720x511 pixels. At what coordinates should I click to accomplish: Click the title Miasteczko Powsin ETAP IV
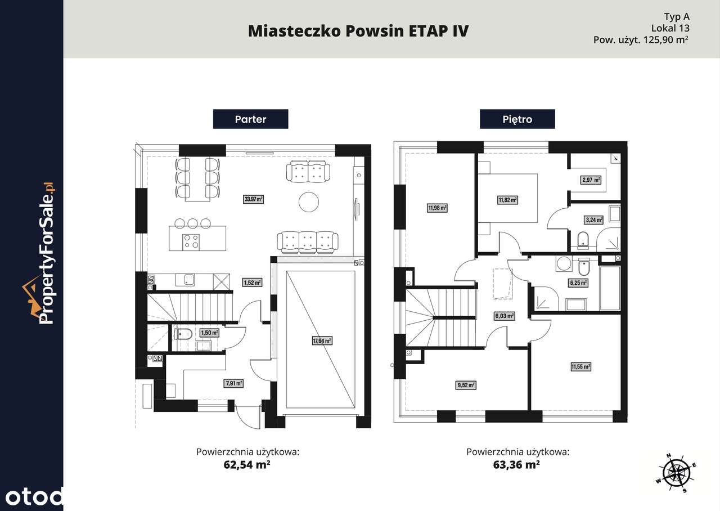click(358, 31)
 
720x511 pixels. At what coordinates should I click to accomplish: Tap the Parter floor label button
click(250, 119)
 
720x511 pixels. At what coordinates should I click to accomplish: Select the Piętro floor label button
click(517, 119)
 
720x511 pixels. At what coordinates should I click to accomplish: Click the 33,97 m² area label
click(254, 199)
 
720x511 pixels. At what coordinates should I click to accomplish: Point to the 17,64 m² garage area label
click(322, 340)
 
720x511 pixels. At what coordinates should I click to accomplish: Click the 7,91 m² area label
click(233, 383)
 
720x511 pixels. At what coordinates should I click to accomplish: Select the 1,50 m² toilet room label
click(209, 333)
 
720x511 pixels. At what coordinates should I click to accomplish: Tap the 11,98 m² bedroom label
click(436, 208)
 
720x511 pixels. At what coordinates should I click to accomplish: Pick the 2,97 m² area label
click(591, 180)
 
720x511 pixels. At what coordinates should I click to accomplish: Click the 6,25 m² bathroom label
click(578, 283)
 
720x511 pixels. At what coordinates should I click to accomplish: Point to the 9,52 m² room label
click(466, 386)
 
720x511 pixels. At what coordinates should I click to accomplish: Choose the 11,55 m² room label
click(580, 367)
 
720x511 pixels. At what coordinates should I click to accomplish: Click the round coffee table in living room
click(309, 202)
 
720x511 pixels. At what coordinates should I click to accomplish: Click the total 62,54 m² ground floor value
click(247, 465)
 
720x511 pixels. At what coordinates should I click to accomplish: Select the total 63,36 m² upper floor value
click(517, 465)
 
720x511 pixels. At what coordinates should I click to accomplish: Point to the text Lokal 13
click(670, 28)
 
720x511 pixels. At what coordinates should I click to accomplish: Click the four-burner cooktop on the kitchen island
click(191, 241)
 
